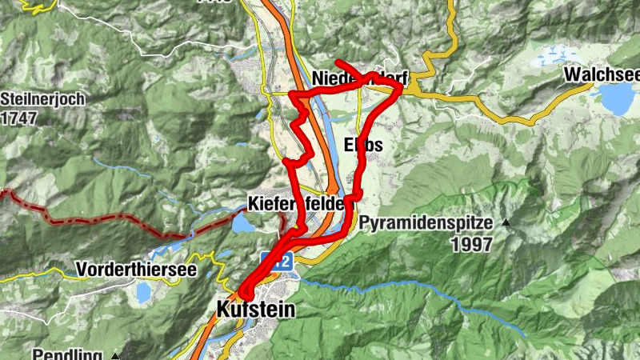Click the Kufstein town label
pos(255,309)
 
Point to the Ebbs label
pos(363,146)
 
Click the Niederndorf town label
pos(361,78)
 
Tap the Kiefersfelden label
pos(301,203)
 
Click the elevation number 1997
pos(471,245)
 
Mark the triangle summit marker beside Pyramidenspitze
pos(506,223)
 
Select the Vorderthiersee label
pos(136,270)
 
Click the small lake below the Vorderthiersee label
pos(143,293)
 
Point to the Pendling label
pos(69,354)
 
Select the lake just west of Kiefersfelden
pos(242,223)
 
